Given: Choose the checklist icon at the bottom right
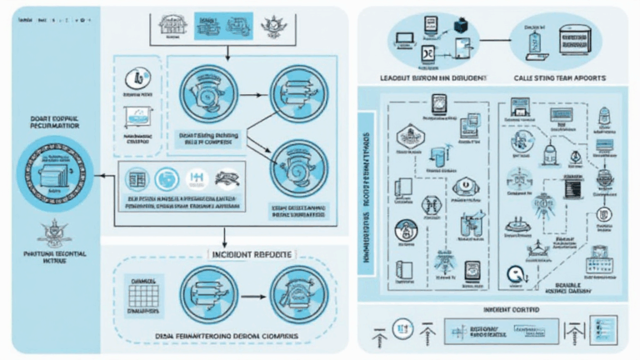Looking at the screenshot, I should point(607,327).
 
